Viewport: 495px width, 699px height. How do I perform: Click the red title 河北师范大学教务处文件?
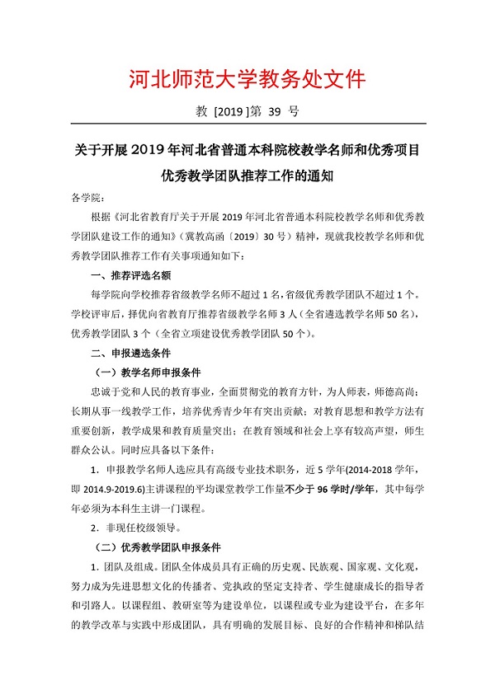point(247,79)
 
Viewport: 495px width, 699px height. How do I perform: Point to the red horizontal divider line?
point(247,124)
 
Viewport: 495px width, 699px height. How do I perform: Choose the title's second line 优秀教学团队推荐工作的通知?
point(247,176)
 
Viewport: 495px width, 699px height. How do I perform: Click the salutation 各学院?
point(87,199)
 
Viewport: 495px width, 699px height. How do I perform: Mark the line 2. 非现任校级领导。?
point(142,527)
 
